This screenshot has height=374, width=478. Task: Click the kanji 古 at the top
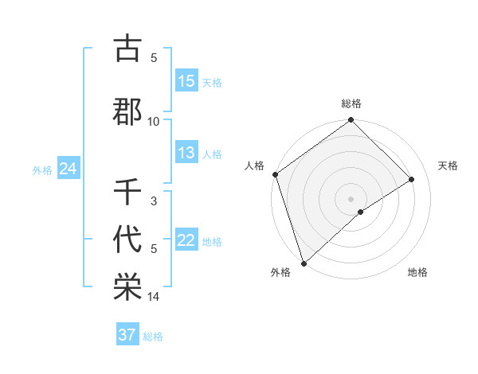(127, 49)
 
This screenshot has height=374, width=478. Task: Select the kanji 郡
(127, 111)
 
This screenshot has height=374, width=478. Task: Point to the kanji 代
(127, 238)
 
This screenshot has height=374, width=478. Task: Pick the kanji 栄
(127, 286)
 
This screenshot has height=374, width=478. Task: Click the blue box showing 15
(186, 81)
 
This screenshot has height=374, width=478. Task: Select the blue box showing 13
(186, 153)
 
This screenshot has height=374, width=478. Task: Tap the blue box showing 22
(186, 241)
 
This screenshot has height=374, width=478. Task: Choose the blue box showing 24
(68, 169)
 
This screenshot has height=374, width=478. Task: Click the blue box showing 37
(127, 335)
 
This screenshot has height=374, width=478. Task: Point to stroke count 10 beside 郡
(154, 121)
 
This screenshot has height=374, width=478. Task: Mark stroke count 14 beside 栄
(154, 297)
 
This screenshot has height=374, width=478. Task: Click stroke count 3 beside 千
(154, 201)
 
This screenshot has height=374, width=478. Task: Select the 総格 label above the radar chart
(351, 103)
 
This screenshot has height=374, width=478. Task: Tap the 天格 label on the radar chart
(448, 166)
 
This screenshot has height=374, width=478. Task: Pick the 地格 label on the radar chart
(417, 273)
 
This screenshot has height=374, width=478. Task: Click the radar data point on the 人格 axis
(275, 174)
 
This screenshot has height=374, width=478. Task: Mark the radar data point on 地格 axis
(361, 212)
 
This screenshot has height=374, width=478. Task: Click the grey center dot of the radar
(351, 198)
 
